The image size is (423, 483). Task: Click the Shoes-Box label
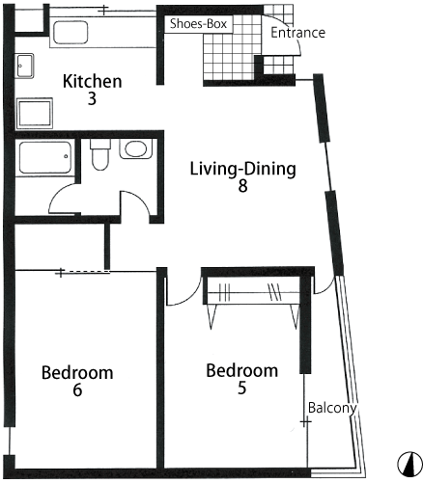click(x=198, y=24)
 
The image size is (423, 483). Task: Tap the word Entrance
click(x=297, y=33)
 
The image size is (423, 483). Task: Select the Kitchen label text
click(x=93, y=81)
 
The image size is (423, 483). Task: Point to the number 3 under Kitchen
click(x=92, y=99)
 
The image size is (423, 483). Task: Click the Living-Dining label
click(x=243, y=169)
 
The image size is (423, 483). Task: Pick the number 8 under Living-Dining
click(x=243, y=186)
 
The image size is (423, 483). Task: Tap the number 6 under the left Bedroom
click(x=77, y=390)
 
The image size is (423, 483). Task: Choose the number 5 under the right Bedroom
click(x=242, y=388)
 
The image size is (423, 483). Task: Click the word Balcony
click(x=332, y=408)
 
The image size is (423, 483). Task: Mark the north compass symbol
click(x=409, y=464)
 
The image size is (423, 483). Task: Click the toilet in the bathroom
click(x=100, y=154)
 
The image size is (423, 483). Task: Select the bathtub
click(x=45, y=157)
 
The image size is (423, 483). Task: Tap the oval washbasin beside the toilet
click(x=136, y=148)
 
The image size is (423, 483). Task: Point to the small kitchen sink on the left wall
click(x=24, y=66)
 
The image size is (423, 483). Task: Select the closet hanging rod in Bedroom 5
click(x=253, y=292)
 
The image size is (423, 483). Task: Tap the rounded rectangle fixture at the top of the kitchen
click(x=70, y=33)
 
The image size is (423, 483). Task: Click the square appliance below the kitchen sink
click(x=35, y=114)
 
